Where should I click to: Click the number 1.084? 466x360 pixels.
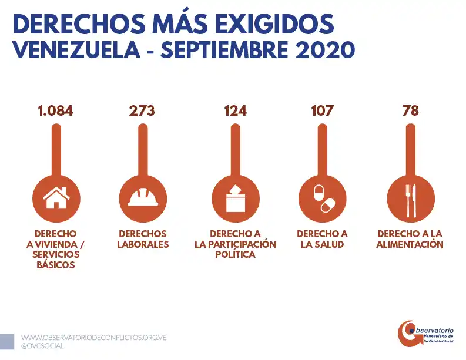(x=55, y=110)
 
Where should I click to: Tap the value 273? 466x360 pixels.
(x=142, y=110)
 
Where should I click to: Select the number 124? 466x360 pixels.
(x=235, y=110)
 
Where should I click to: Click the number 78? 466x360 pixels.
(x=410, y=110)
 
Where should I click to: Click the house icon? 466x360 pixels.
(x=56, y=197)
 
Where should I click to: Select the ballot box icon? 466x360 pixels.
(x=235, y=197)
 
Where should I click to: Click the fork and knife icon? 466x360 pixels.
(x=410, y=197)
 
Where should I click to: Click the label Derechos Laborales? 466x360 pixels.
(x=143, y=239)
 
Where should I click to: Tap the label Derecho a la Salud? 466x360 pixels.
(x=322, y=239)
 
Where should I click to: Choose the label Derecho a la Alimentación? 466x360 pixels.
(x=410, y=239)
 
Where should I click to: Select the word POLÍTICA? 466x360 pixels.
(x=235, y=255)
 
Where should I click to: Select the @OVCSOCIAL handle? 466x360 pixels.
(x=43, y=346)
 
